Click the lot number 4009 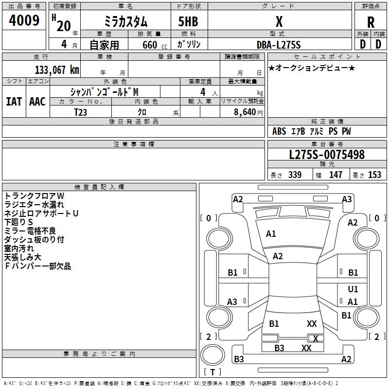tap(24, 20)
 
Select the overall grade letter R tap(371, 22)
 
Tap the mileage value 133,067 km tap(57, 70)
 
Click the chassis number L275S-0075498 tap(327, 155)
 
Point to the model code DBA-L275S tap(279, 45)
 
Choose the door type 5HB tap(188, 21)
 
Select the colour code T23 tap(80, 112)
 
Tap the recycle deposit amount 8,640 tap(245, 112)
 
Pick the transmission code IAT tap(14, 102)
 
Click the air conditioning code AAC tap(37, 102)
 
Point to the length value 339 tap(295, 175)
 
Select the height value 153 tap(374, 175)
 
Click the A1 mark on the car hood tap(271, 234)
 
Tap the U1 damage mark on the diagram tap(353, 289)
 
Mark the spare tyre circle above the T tap(212, 355)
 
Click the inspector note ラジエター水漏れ tap(34, 205)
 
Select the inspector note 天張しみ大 tap(22, 257)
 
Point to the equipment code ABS tap(279, 131)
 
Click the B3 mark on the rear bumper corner tap(239, 359)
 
